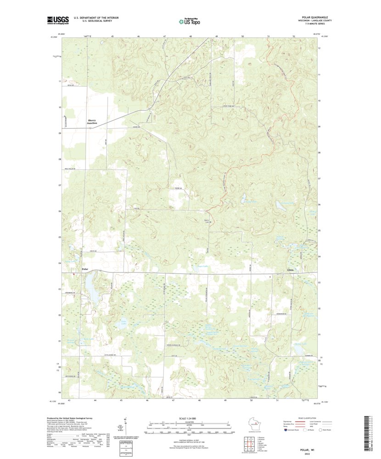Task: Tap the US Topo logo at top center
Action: point(190,21)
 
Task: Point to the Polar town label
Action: point(84,269)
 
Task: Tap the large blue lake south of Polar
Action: point(93,289)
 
